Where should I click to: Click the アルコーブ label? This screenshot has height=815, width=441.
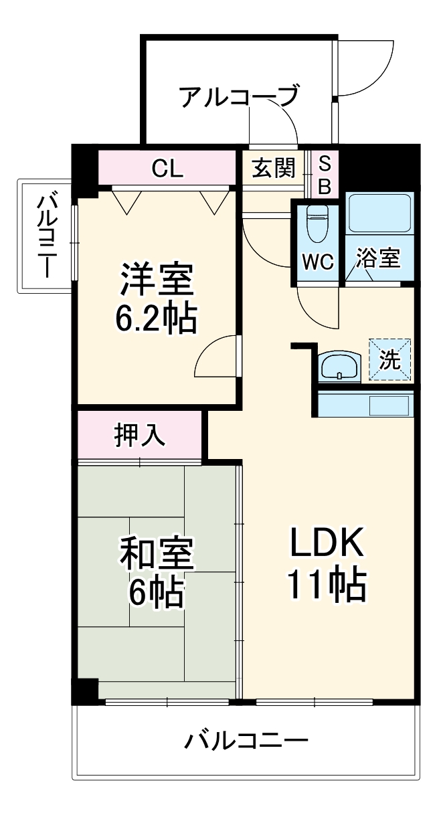[x=238, y=97]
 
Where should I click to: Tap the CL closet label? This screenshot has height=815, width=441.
[x=167, y=168]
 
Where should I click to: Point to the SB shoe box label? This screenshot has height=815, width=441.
[x=324, y=175]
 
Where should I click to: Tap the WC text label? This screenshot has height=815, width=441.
[x=317, y=262]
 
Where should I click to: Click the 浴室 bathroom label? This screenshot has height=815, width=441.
[x=378, y=259]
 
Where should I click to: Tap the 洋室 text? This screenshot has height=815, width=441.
[x=157, y=281]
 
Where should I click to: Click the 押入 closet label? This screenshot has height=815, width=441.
[x=139, y=436]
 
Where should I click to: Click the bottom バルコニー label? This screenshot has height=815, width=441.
[x=246, y=741]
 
